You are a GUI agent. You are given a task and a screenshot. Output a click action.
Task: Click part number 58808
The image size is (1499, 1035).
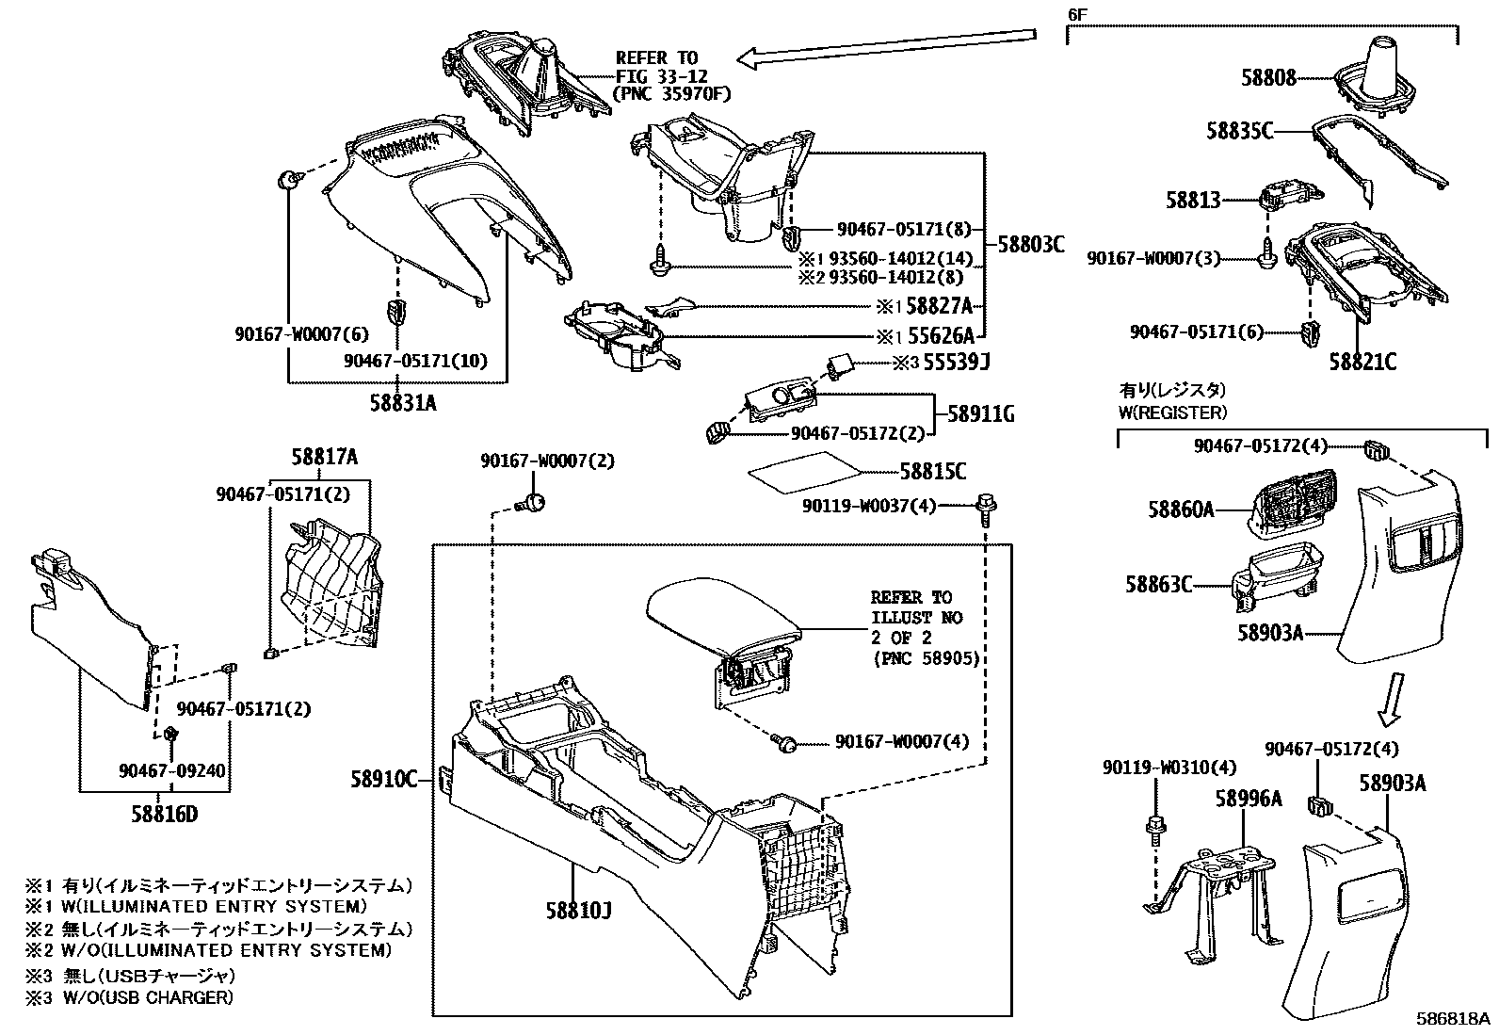(x=1268, y=78)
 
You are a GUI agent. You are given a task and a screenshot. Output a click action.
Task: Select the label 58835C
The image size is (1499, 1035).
(x=1240, y=132)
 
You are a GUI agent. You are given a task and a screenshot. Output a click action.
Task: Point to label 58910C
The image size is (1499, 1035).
(x=383, y=779)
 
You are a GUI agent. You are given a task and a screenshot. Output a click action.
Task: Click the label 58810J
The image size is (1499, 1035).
(x=578, y=911)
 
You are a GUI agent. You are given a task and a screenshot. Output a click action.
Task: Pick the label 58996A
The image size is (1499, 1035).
(x=1248, y=799)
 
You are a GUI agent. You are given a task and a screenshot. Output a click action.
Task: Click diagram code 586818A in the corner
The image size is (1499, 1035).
(x=1456, y=1019)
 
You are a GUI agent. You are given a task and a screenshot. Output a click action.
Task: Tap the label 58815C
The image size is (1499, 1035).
(x=932, y=473)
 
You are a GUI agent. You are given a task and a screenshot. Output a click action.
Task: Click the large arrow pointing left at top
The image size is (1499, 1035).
(x=885, y=49)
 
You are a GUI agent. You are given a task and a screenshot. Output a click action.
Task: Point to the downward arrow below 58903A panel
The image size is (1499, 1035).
(x=1392, y=699)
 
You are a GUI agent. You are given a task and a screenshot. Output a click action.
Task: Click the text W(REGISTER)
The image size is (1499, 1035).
(x=1172, y=412)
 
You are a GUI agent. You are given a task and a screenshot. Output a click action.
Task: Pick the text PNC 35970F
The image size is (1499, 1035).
(x=670, y=93)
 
